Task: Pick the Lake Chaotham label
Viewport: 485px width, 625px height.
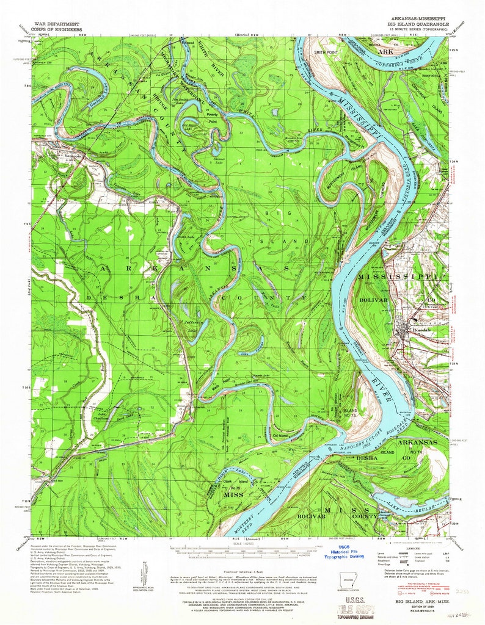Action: coord(99,416)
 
